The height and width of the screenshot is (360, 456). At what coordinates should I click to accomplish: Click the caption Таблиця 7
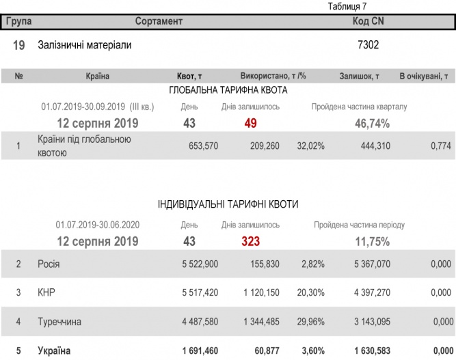[347, 7]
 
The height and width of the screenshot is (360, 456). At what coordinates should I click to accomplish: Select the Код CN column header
[368, 22]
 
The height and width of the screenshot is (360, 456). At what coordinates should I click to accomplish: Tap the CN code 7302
[368, 45]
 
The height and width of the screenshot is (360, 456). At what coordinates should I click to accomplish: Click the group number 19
[19, 45]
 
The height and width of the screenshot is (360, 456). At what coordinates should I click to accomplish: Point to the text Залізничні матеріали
[84, 45]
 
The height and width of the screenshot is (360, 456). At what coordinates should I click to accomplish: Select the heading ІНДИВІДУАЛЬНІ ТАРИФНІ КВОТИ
[228, 204]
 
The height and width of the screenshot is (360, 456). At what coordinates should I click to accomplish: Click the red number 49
[250, 124]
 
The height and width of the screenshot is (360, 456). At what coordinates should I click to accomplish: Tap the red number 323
[250, 241]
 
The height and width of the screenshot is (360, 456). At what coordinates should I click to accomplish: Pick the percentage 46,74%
[372, 124]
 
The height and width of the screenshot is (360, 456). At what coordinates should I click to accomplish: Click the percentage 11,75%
[372, 241]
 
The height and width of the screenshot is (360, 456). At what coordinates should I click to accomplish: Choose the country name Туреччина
[60, 321]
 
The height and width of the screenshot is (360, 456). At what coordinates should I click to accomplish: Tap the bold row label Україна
[54, 350]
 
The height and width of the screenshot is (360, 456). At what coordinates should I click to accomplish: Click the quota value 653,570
[203, 146]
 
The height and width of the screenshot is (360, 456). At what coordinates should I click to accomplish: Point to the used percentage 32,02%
[310, 146]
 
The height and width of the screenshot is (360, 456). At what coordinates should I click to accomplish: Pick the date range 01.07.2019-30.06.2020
[98, 225]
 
